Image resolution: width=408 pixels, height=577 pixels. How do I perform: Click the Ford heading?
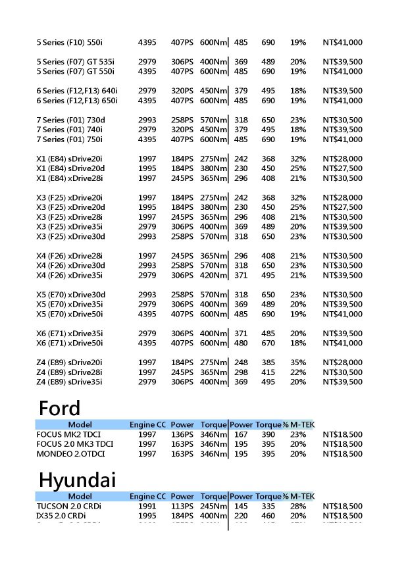coord(59,408)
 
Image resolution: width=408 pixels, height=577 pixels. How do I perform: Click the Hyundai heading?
coord(77,480)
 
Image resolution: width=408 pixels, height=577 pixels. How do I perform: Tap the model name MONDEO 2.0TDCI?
coord(70,454)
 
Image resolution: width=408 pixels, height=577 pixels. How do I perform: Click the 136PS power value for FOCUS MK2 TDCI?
coord(182,435)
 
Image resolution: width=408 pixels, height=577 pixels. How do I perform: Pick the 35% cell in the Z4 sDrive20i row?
coord(298,363)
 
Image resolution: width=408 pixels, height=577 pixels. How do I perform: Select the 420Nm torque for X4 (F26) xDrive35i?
coord(213,275)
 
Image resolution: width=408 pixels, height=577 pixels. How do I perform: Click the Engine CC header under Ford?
coord(147,424)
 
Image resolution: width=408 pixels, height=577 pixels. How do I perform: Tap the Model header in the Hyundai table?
coord(80,496)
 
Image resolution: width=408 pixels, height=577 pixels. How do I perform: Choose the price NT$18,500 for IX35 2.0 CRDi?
coord(343,516)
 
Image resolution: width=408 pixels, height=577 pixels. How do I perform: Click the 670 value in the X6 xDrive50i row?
coord(268,343)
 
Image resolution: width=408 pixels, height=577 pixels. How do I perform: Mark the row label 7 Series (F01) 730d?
coord(70,120)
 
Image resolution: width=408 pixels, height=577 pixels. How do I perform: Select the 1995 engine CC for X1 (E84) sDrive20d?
coord(147,168)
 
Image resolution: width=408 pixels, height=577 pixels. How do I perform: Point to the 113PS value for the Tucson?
coord(182,506)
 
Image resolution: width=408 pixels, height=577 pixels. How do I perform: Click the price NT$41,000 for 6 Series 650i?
coord(343,101)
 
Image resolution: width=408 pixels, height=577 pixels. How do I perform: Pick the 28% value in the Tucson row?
coord(298,506)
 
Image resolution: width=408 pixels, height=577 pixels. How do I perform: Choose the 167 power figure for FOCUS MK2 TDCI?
coord(241,435)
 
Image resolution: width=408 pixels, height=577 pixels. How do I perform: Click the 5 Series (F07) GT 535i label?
coord(75,62)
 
